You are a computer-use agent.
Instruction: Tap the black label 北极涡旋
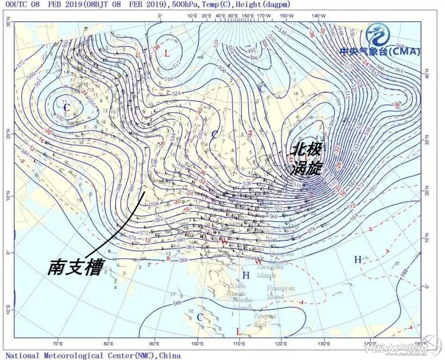307,159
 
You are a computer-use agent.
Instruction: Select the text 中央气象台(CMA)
380,52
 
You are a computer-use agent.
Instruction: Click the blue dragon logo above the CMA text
377,35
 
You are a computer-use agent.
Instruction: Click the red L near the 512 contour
166,53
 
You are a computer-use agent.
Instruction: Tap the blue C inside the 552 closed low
67,108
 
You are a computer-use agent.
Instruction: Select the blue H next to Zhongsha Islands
246,275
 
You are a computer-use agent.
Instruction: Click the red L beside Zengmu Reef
238,332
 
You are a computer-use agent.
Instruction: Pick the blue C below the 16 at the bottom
200,317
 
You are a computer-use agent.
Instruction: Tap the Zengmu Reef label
266,320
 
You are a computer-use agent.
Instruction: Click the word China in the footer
170,355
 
